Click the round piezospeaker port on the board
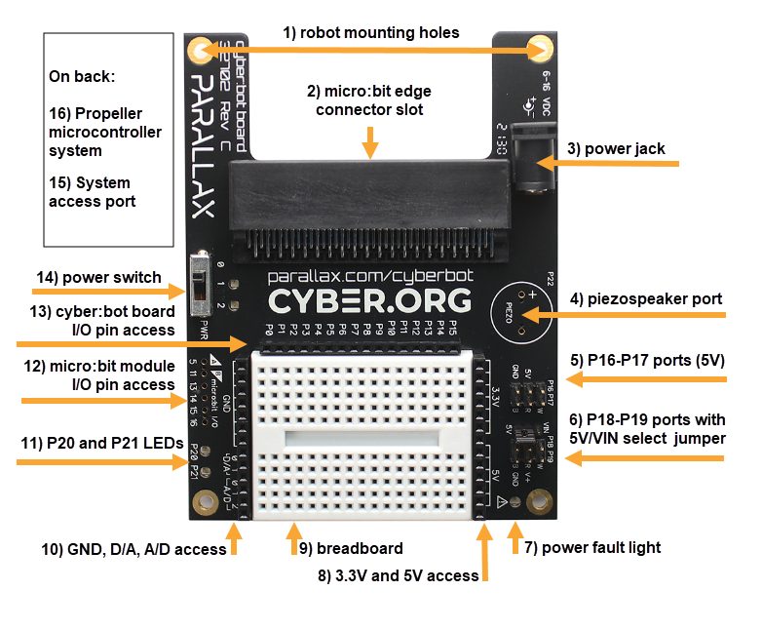(x=517, y=314)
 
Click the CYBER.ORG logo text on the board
(x=369, y=299)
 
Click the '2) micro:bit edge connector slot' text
(x=368, y=100)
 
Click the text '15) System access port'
(x=90, y=192)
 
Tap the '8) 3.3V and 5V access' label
(x=400, y=575)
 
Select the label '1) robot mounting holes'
(x=370, y=32)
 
